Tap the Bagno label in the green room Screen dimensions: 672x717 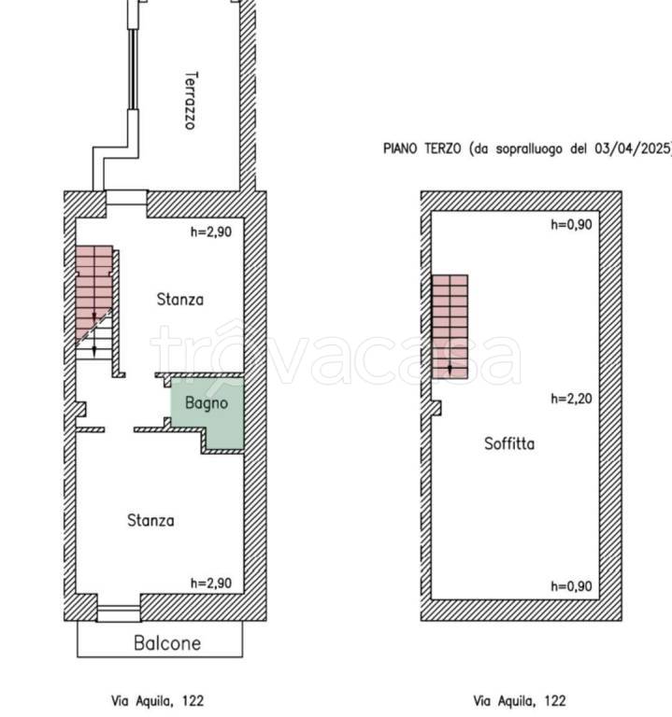(207, 403)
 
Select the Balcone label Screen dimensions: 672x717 (167, 643)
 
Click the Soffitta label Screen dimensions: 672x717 (509, 443)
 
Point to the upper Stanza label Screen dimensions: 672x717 (179, 300)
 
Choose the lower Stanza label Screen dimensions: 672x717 (150, 520)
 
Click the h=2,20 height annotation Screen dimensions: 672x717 (571, 399)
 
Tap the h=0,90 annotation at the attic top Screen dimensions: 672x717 (571, 224)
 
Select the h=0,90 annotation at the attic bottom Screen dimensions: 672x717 (571, 586)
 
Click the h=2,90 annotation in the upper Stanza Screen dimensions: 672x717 (211, 232)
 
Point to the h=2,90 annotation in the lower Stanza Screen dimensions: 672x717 (211, 583)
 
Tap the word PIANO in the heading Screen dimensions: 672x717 (400, 148)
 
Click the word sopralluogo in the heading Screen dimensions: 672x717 (529, 149)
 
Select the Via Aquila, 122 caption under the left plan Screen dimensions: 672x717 (157, 701)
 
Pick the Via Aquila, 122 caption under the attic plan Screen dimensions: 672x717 (519, 701)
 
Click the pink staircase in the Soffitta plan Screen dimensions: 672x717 (450, 327)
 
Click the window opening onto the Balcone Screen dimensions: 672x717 (119, 612)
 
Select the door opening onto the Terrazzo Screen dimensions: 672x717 (127, 198)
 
